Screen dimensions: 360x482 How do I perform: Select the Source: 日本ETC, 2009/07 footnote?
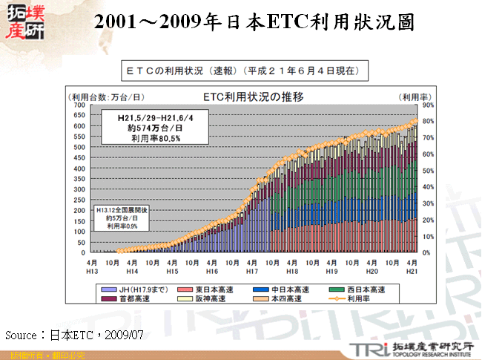coord(74,335)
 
